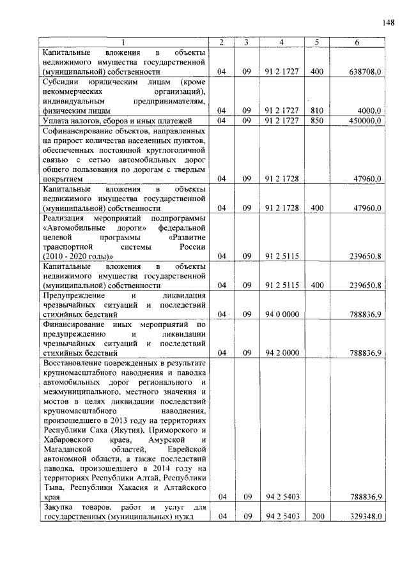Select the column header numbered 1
click(x=123, y=42)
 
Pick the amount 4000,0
click(x=370, y=111)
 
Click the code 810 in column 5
click(x=316, y=111)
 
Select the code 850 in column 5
click(x=316, y=120)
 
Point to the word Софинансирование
click(x=75, y=130)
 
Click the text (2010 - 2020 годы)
click(x=80, y=256)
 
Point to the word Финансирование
click(x=71, y=324)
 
